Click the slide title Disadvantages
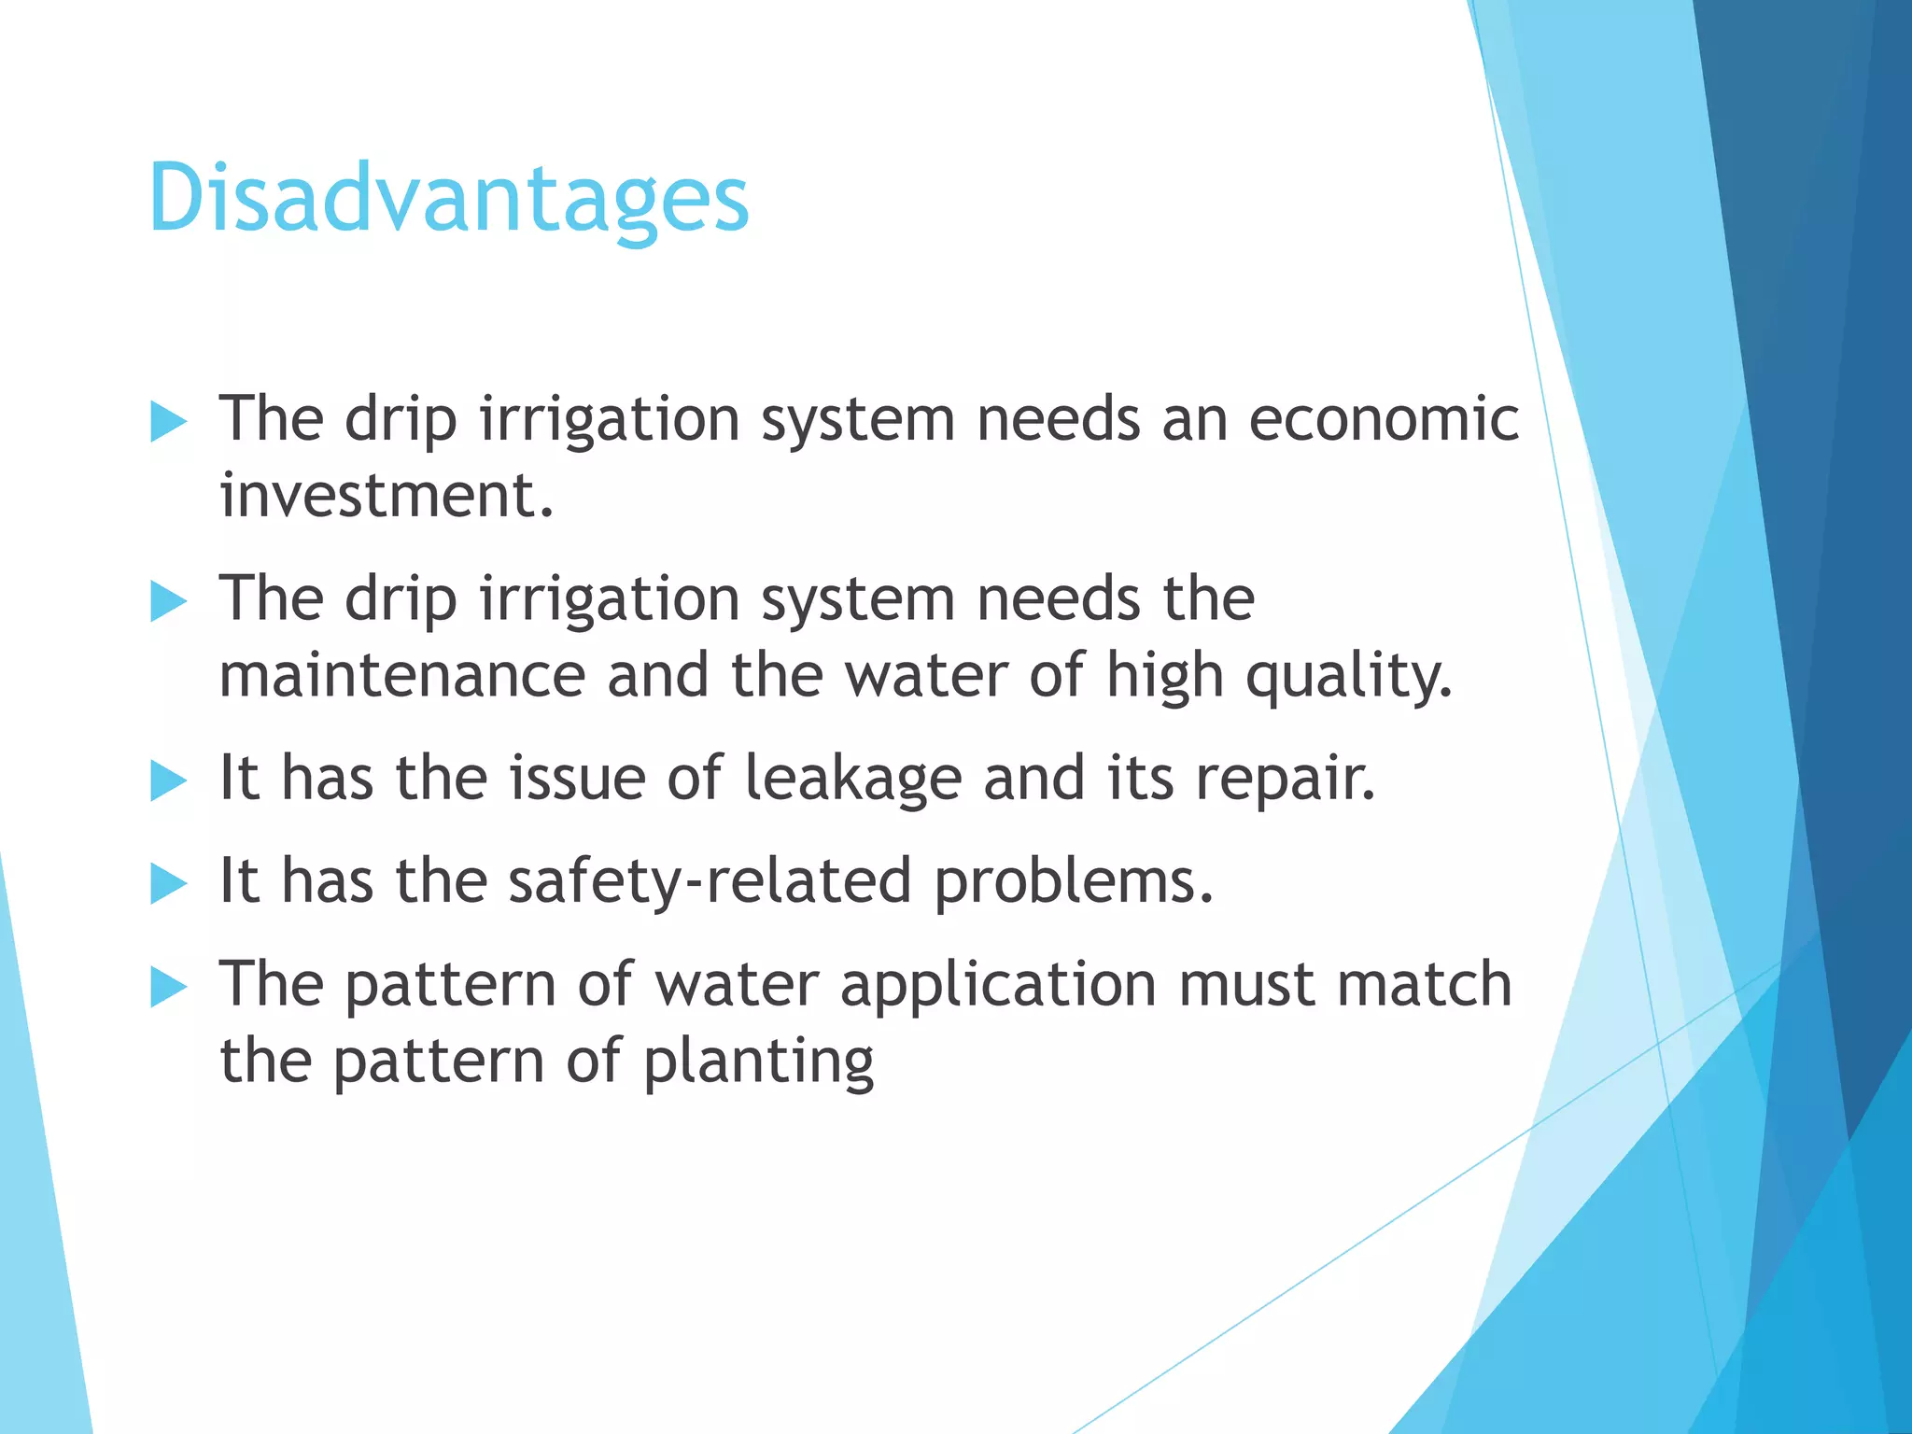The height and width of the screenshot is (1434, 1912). pos(448,199)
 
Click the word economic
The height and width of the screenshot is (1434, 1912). pos(1384,418)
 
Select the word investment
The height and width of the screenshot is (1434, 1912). pos(387,495)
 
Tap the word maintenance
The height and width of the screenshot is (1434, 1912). pos(401,675)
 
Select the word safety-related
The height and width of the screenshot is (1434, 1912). pos(710,881)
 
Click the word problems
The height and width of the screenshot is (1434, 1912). pos(1074,881)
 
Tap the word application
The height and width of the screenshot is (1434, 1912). pos(998,986)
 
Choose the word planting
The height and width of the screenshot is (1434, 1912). pos(758,1062)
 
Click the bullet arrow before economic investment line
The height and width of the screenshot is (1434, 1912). pos(169,422)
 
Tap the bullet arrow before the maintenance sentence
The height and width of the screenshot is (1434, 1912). pos(169,601)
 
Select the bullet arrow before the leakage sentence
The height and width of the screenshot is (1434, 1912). pos(169,780)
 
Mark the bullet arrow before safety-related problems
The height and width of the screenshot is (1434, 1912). pos(169,883)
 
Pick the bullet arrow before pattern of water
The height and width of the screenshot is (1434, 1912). pos(169,987)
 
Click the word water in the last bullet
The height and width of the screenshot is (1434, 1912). pos(736,985)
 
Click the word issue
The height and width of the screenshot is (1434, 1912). pos(577,778)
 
